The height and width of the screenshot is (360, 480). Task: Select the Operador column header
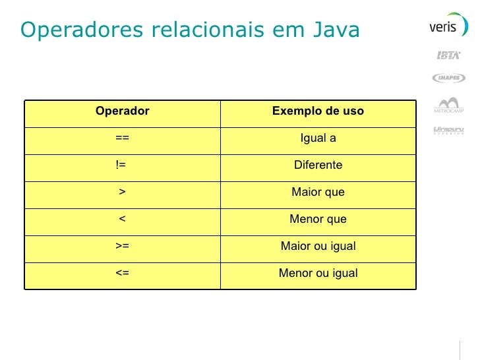pos(122,111)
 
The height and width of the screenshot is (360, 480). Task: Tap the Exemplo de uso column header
pos(318,111)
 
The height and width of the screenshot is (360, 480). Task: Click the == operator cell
pos(122,138)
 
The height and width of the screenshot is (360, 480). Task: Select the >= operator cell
pos(122,246)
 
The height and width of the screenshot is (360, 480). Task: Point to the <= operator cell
pos(122,273)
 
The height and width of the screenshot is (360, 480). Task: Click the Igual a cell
pos(318,138)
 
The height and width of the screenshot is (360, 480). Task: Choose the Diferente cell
pos(318,165)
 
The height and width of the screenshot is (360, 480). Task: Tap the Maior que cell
pos(318,192)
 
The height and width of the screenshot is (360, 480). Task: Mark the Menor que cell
pos(318,219)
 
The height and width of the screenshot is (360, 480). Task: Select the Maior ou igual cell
pos(318,246)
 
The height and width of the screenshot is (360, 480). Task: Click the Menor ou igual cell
pos(318,273)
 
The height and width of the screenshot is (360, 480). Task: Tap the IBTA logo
pos(449,55)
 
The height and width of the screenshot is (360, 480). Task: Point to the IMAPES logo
pos(449,78)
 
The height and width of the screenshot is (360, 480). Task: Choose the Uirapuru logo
pos(449,129)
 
